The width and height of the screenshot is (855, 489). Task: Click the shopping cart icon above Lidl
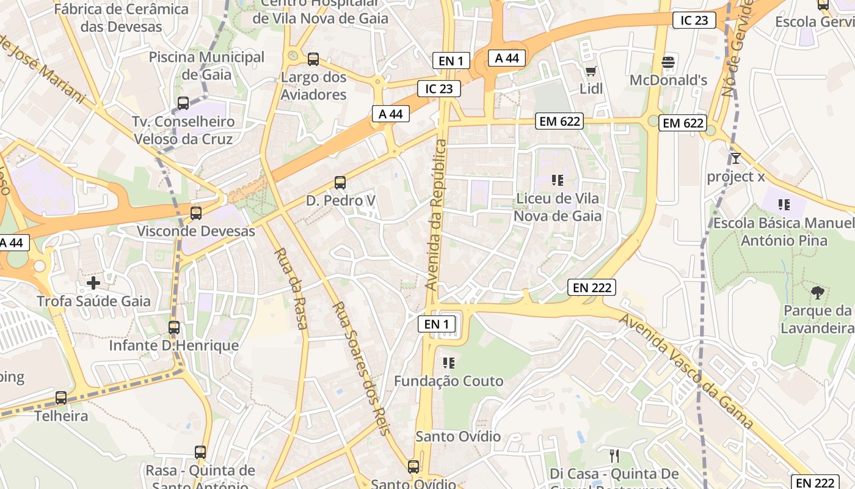tap(591, 72)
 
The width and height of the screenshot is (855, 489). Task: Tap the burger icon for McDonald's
tap(668, 62)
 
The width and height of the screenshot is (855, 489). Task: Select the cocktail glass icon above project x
tap(736, 159)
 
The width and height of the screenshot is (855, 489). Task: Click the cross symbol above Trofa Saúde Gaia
tap(93, 283)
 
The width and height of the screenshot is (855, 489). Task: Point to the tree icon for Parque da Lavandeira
tap(817, 293)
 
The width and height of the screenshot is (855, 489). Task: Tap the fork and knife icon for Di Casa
tap(614, 455)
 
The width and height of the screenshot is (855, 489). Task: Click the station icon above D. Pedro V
tap(340, 182)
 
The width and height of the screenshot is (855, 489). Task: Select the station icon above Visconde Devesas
tap(196, 213)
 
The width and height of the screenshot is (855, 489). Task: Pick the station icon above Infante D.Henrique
tap(174, 328)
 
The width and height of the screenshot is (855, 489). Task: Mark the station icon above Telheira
tap(61, 398)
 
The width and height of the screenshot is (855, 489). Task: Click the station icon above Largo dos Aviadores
tap(313, 59)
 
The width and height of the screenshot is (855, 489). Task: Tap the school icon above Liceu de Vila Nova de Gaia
tap(557, 180)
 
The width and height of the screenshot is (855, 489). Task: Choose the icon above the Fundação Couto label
tap(449, 363)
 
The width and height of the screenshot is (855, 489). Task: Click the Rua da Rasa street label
tap(290, 289)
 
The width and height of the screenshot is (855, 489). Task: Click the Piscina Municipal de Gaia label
tap(207, 66)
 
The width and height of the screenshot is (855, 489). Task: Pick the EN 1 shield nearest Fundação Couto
tap(437, 324)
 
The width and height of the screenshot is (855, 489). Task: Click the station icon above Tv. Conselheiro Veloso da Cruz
tap(183, 103)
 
